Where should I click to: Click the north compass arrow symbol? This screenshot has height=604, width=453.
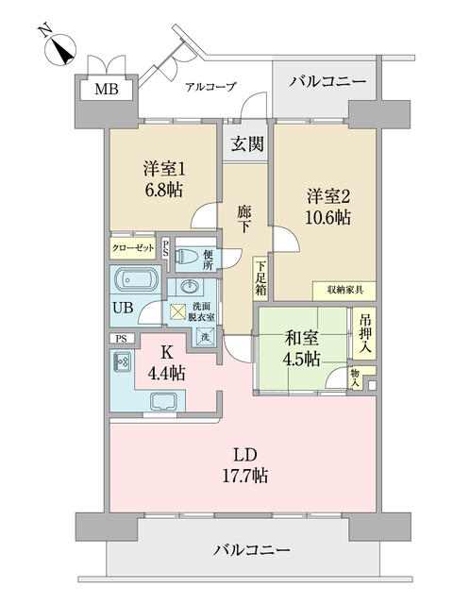click(60, 51)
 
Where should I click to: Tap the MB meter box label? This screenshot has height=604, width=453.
click(107, 90)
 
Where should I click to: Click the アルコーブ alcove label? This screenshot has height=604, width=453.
click(210, 86)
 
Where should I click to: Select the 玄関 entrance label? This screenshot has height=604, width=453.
click(247, 143)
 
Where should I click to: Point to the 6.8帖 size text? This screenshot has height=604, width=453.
click(164, 190)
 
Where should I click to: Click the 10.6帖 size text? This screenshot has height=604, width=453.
click(327, 217)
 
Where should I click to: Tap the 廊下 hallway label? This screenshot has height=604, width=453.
click(243, 219)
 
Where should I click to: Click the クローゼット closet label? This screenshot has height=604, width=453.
click(133, 247)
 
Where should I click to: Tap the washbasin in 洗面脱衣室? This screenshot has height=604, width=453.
click(189, 287)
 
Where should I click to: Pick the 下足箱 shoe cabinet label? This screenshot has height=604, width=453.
click(261, 278)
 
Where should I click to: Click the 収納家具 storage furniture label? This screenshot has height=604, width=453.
click(344, 290)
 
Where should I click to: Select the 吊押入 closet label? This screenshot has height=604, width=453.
click(365, 333)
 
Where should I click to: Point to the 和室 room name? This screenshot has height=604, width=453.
click(301, 339)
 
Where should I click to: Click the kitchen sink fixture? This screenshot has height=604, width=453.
click(164, 402)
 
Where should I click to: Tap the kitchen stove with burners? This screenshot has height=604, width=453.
click(123, 362)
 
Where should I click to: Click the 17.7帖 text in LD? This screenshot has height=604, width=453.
click(245, 476)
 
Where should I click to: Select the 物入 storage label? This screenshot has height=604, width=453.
click(356, 377)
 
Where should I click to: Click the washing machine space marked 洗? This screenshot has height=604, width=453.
click(205, 336)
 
